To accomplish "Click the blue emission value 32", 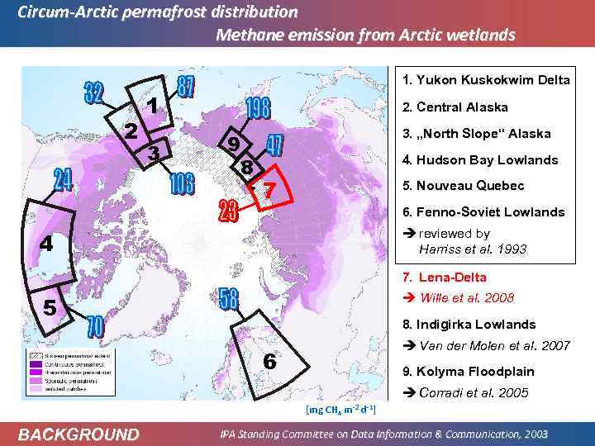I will (93, 93).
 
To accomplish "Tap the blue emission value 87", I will (186, 84).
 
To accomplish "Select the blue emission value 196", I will (258, 109).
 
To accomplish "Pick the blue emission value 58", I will (228, 298).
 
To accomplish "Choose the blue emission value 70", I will (96, 327).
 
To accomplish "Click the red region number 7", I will (268, 191).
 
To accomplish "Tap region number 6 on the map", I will (269, 361).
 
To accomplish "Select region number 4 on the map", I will (46, 244).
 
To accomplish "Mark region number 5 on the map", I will (50, 308).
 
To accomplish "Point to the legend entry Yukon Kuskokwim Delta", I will (485, 80).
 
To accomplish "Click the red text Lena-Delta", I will (455, 278).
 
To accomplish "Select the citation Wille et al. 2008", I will (466, 297).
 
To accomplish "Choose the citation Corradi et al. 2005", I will (474, 392).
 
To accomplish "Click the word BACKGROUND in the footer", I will (79, 434).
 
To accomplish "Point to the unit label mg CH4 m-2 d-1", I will (340, 409).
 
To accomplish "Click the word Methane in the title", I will (246, 36).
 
